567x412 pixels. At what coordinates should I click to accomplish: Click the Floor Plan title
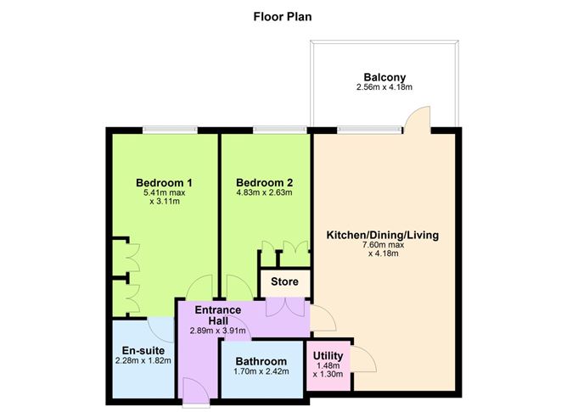tap(283, 15)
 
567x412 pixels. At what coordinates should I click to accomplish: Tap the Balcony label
tap(385, 75)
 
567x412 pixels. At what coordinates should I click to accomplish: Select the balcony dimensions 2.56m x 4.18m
tap(385, 86)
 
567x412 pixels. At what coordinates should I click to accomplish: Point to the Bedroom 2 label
tap(264, 182)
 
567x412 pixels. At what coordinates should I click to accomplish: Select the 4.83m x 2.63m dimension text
tap(264, 192)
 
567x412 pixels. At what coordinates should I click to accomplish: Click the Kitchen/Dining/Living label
tap(384, 235)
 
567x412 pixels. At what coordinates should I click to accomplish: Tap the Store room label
tap(283, 282)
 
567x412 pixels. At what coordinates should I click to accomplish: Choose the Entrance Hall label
tap(219, 315)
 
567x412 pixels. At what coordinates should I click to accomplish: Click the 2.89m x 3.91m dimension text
tap(219, 331)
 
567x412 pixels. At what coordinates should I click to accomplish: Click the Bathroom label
tap(261, 361)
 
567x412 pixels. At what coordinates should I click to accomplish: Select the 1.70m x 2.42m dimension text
tap(261, 372)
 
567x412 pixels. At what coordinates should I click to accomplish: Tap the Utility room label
tap(328, 355)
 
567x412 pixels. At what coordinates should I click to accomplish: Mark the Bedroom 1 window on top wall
tap(170, 130)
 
